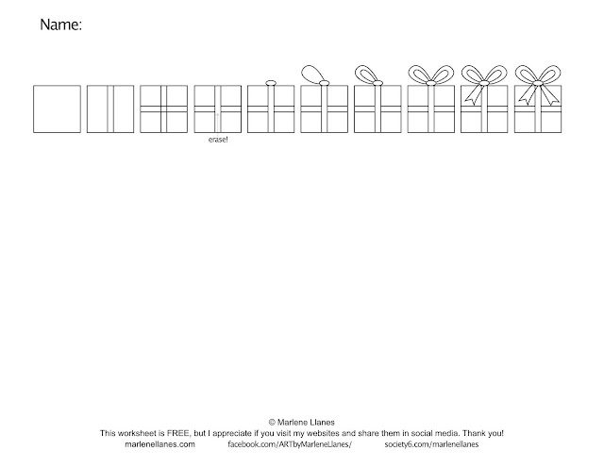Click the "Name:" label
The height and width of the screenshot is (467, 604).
[60, 25]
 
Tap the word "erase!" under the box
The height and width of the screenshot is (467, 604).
[218, 140]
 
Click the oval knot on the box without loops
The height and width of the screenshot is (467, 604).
[271, 83]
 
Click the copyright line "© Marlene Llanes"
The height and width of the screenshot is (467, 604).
[302, 422]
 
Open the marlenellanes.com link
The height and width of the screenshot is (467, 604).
[159, 444]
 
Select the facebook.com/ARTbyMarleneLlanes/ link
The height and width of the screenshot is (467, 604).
[290, 444]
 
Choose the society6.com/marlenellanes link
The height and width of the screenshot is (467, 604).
[431, 444]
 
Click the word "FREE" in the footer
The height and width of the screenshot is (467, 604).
[178, 433]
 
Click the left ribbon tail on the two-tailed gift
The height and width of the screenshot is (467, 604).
[524, 94]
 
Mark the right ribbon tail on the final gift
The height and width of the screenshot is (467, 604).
[550, 94]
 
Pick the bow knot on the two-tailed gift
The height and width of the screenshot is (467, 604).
[537, 83]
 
